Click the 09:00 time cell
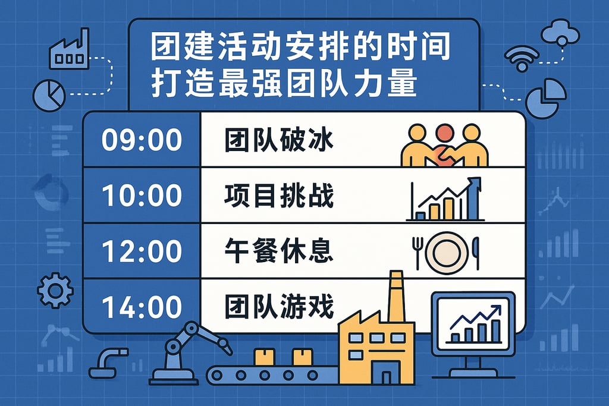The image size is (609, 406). (x=142, y=140)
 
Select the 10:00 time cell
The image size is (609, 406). (x=142, y=196)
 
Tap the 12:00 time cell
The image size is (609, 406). (x=142, y=251)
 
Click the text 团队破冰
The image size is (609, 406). (x=279, y=141)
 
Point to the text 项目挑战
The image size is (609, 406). (x=279, y=196)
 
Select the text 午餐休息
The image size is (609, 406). (x=279, y=251)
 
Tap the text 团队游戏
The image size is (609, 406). (x=279, y=307)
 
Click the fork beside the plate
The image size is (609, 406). (x=417, y=250)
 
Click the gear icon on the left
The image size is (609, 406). (x=55, y=290)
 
